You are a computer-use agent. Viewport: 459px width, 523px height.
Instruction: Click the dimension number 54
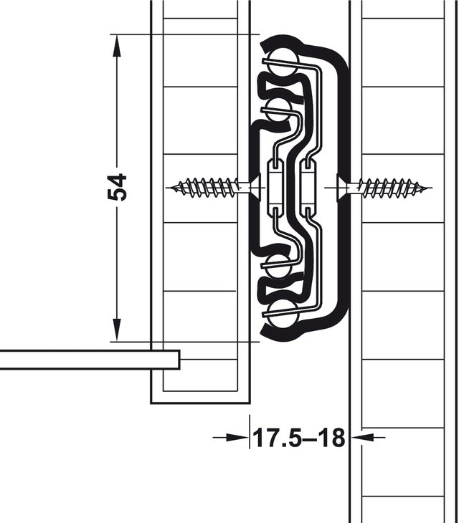[x=117, y=187]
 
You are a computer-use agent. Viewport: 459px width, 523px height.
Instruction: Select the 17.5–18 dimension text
[x=298, y=436]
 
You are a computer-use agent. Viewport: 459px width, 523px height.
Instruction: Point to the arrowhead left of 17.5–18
[x=237, y=436]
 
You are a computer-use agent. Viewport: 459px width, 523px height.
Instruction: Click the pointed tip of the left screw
[x=169, y=188]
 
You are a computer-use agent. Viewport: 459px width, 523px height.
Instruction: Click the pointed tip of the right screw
[x=430, y=188]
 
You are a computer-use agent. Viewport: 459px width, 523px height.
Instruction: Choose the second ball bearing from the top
[x=278, y=110]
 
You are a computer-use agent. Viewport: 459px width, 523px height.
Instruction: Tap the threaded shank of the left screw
[x=208, y=188]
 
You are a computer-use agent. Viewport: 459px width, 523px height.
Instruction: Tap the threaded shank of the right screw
[x=391, y=188]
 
